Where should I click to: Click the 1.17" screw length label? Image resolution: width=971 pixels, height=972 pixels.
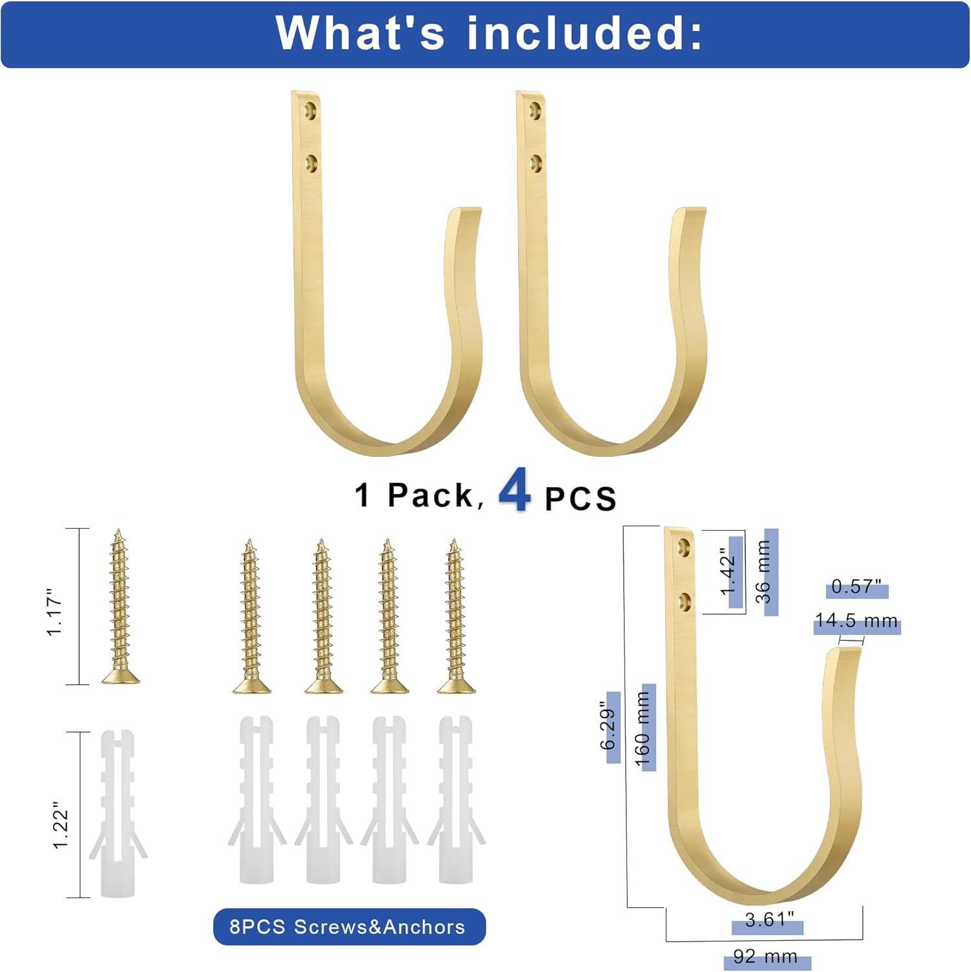point(54,612)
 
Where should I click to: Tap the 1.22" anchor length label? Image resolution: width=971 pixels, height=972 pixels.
point(60,825)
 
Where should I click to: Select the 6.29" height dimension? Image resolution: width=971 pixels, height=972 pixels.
point(608,726)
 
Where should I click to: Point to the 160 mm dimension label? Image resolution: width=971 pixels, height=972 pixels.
point(643,728)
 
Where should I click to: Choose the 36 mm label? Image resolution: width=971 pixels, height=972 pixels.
point(764,572)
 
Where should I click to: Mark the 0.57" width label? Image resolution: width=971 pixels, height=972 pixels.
point(856,587)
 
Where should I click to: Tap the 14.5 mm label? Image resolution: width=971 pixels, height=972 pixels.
point(856,621)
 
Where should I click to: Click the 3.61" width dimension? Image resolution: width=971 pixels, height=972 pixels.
point(769,920)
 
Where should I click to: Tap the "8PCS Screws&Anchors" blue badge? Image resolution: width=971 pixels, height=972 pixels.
point(348,927)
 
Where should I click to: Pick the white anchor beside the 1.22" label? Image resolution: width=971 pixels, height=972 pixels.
point(118,814)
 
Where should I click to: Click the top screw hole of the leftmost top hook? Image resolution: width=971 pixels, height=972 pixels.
point(311,110)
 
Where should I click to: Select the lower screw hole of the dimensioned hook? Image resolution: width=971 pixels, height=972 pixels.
point(683,603)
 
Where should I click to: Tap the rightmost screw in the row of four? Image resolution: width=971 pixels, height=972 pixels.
point(455,616)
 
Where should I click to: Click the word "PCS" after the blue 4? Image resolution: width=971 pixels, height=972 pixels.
point(580,498)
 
